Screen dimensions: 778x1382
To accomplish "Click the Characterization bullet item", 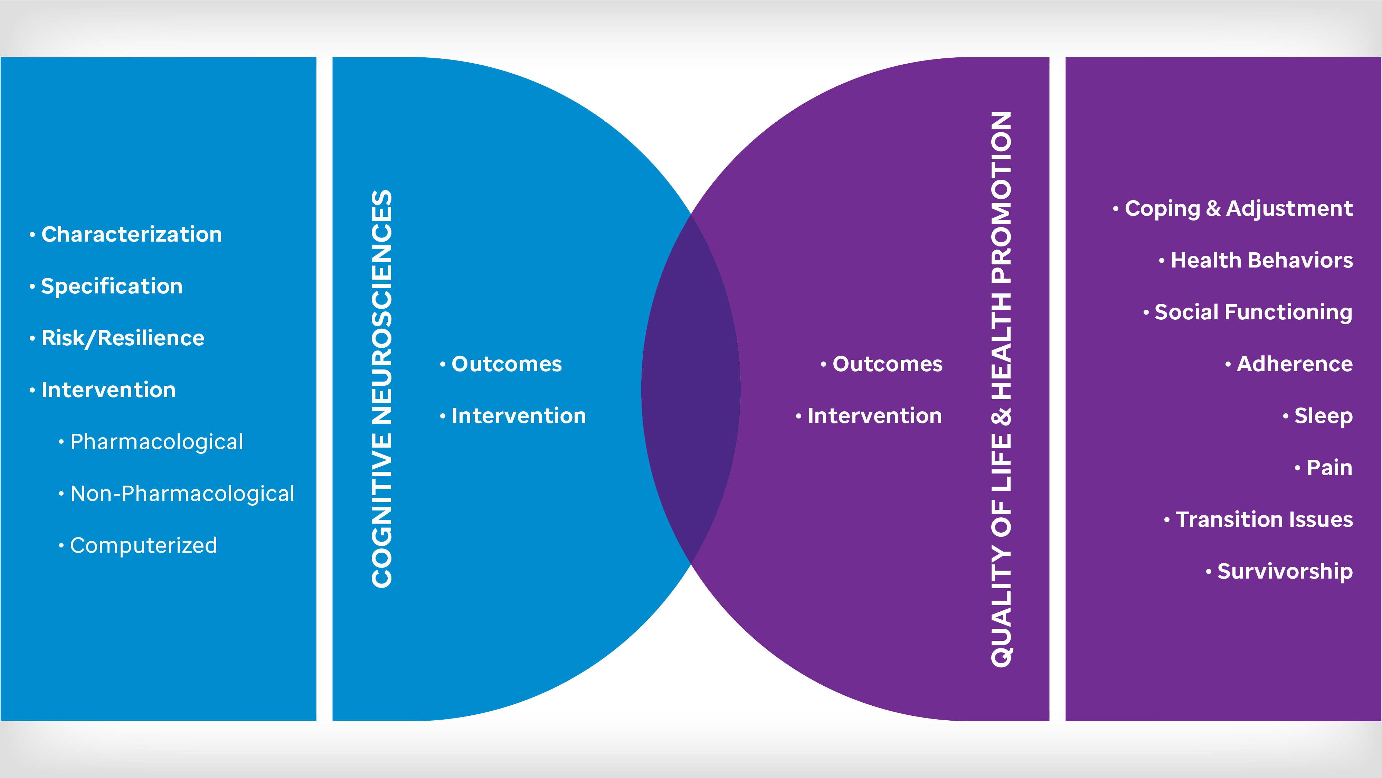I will pos(131,234).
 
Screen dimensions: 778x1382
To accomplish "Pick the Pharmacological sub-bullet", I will pos(156,442).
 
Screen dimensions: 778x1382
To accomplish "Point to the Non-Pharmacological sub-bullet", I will pos(182,494).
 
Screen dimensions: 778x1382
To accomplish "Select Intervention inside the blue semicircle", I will pos(518,416).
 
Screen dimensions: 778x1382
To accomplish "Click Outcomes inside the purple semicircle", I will pos(887,364).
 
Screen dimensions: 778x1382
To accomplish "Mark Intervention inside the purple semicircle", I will pos(874,416).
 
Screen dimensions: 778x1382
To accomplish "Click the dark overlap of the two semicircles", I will pos(691,389).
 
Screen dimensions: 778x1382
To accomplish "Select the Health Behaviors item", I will pos(1261,260).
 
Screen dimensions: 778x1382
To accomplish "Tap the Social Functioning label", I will pos(1253,312).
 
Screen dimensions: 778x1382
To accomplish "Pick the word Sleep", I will pos(1323,416).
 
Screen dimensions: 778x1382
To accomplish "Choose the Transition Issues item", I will pos(1264,519).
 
